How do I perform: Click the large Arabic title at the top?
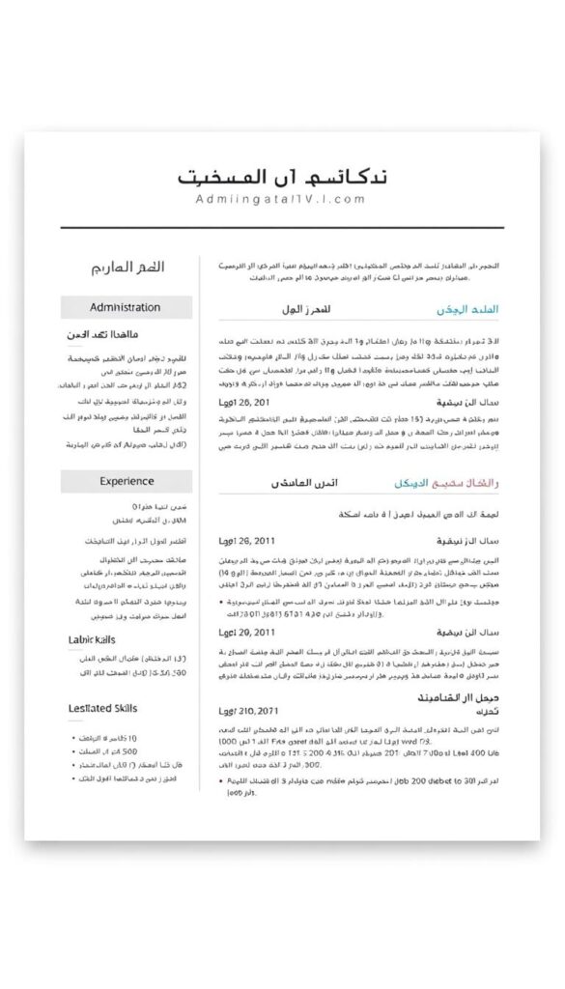284,178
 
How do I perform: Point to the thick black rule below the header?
284,228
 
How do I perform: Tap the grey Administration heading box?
126,307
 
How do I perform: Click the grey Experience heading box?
126,481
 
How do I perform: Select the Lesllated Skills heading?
103,708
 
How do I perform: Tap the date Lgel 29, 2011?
247,632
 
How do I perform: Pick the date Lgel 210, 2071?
250,712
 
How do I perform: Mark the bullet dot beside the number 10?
75,739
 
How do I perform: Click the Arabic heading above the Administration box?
126,268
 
